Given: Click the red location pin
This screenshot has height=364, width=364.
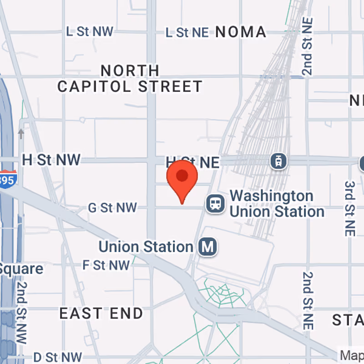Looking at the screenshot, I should point(182,178).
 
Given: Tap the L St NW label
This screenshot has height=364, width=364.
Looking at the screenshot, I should point(90,31).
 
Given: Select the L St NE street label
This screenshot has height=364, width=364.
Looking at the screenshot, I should point(187,32).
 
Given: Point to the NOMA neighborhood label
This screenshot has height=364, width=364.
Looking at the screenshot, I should point(241,32).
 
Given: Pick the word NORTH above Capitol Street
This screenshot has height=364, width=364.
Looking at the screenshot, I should point(130,71).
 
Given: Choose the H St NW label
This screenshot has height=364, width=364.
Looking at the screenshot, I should point(51,160).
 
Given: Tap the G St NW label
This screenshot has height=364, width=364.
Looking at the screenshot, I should point(112,208).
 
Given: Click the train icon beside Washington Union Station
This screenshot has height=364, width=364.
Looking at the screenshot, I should point(215,203).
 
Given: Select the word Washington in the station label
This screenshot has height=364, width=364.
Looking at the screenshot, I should point(272,196).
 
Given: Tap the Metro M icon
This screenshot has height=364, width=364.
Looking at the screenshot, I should point(208,247).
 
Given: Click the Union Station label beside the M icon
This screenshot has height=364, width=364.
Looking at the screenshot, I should point(146,247).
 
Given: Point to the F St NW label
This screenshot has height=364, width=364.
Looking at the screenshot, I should point(106,265).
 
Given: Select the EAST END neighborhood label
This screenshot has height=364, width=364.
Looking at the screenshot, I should point(101,313).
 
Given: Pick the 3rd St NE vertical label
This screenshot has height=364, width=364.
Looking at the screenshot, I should point(349,208).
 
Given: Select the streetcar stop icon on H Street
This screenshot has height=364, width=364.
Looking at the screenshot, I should point(278,161).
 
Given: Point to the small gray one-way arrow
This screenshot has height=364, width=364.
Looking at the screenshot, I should point(21,133).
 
